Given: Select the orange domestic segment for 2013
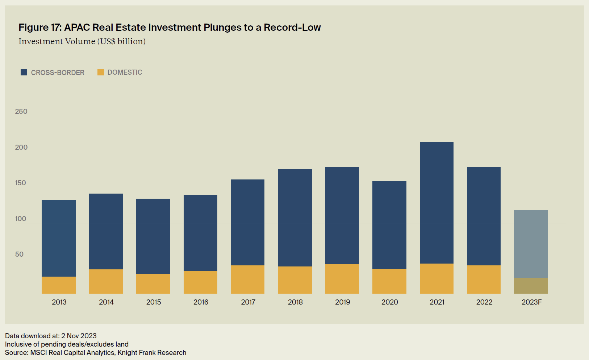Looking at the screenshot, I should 59,285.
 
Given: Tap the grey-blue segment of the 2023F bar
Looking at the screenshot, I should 531,244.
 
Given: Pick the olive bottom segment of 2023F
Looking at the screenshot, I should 531,286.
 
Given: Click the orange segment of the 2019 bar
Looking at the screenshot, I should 342,278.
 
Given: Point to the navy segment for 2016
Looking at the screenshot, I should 200,233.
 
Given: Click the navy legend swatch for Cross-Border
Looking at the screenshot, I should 24,72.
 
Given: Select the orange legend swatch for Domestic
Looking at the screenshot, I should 101,72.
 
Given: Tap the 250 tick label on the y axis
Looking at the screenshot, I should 21,111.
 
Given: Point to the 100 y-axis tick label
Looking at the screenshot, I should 21,219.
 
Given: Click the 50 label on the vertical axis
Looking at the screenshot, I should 19,254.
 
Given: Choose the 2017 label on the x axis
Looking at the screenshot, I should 248,302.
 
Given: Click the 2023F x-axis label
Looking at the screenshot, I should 531,302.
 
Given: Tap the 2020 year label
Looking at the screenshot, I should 389,302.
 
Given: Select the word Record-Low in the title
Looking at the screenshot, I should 292,28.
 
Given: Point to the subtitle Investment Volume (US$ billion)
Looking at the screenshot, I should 82,41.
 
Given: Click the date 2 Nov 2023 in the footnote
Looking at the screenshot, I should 79,336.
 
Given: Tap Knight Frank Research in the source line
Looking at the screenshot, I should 152,352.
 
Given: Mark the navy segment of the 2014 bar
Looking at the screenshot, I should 106,231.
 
